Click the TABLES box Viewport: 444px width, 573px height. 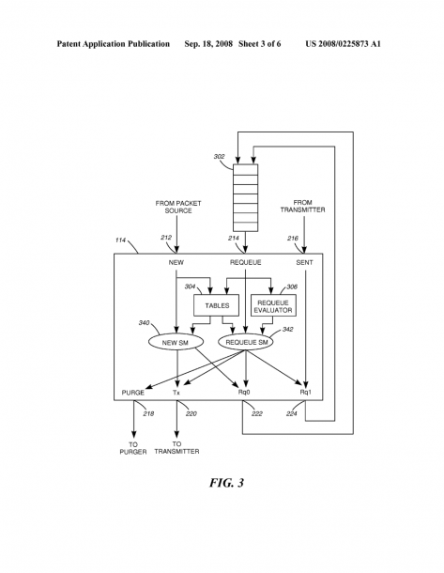[216, 305]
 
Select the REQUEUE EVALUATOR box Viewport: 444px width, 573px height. [273, 305]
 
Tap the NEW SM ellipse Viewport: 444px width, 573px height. [176, 343]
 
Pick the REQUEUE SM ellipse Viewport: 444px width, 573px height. [247, 343]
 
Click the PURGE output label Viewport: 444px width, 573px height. [133, 393]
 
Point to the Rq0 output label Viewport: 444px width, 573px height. [244, 393]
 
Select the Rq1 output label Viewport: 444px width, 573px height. [306, 392]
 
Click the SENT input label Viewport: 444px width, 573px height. [304, 262]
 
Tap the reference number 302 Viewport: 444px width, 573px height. [219, 157]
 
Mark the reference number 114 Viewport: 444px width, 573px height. [120, 240]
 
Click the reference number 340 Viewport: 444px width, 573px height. [144, 323]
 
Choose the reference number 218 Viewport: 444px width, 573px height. [148, 413]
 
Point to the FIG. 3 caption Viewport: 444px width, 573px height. [226, 483]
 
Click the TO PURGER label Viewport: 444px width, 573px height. [133, 448]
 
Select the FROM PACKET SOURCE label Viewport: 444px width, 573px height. [178, 207]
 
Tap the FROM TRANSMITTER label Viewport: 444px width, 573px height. [302, 206]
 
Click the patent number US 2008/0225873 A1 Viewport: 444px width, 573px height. [343, 44]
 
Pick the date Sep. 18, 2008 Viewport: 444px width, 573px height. [208, 44]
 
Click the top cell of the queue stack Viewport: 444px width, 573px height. [246, 170]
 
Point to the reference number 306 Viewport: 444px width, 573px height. [292, 286]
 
